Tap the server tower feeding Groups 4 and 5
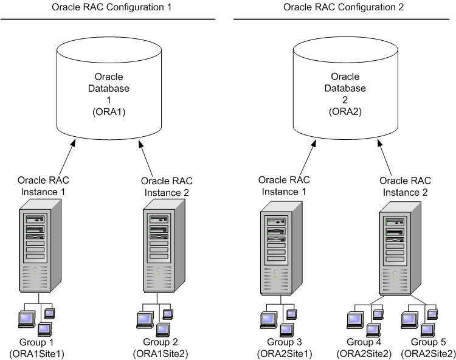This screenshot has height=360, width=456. click(396, 249)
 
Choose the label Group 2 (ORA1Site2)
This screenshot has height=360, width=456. click(158, 347)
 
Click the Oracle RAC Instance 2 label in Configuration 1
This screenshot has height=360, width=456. click(165, 186)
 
